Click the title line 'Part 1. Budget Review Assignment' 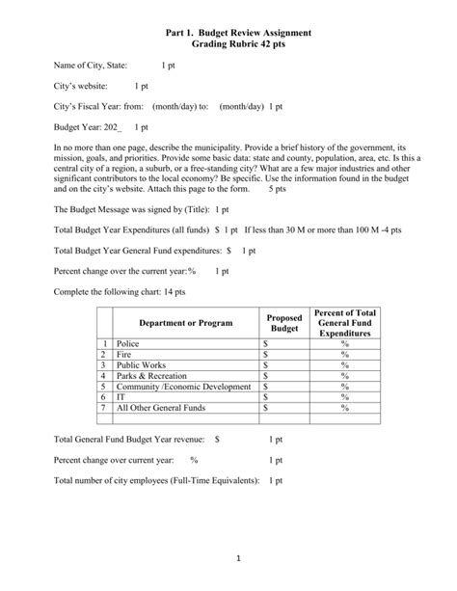pyautogui.click(x=228, y=34)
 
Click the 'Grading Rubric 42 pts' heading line pyautogui.click(x=228, y=45)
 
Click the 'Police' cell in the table pyautogui.click(x=127, y=342)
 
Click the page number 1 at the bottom pyautogui.click(x=228, y=560)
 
